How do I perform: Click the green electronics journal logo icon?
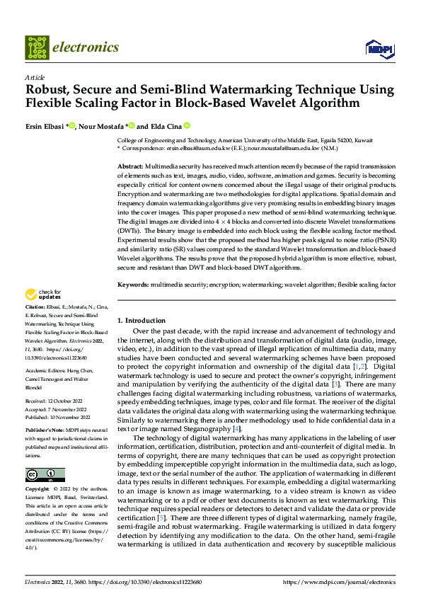tap(36, 47)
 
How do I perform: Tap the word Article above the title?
tap(35, 78)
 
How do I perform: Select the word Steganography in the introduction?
tap(207, 429)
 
